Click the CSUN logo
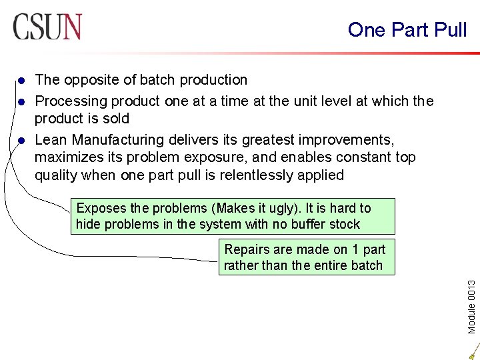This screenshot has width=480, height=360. pos(47,27)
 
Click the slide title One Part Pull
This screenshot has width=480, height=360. pos(407,29)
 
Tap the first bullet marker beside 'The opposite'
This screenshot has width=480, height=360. pos(21,81)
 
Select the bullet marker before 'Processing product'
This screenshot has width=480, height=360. pos(21,102)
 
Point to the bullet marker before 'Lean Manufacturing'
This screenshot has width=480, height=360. pos(21,141)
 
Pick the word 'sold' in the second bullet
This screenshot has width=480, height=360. pos(116,119)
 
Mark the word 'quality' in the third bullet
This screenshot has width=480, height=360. pos(57,175)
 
